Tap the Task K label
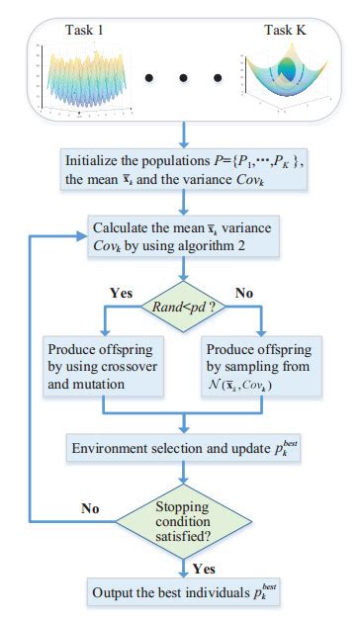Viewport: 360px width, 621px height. pos(284,32)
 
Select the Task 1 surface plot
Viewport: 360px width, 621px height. pos(88,79)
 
